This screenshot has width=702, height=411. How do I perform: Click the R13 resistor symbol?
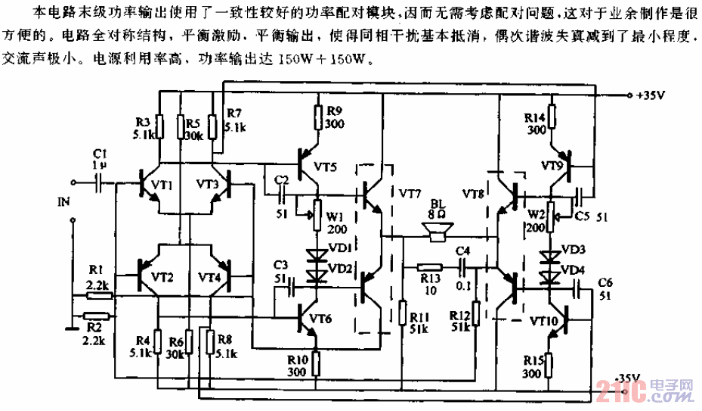pyautogui.click(x=430, y=266)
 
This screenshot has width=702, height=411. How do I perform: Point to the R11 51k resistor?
pyautogui.click(x=401, y=312)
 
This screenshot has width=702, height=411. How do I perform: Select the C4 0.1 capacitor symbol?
pyautogui.click(x=463, y=266)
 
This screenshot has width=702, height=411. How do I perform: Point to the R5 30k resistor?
pyautogui.click(x=182, y=126)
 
